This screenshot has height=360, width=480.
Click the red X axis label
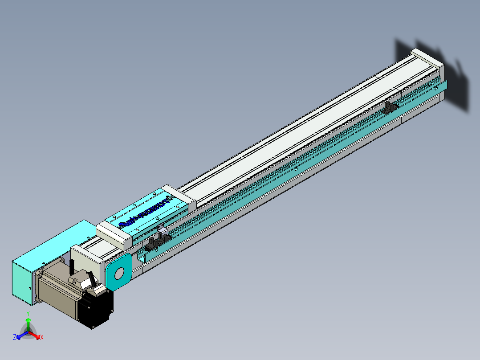tap(41, 338)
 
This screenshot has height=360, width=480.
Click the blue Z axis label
tap(15, 337)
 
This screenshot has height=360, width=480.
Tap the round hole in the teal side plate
tap(119, 273)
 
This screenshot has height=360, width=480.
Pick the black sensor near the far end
tap(391, 107)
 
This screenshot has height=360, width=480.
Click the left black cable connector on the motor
tap(72, 267)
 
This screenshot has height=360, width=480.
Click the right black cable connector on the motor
tap(92, 279)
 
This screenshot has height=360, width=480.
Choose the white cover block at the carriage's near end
tap(114, 234)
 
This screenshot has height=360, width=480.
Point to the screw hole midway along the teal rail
tap(296, 169)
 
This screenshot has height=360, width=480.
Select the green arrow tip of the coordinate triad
tap(28, 320)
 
